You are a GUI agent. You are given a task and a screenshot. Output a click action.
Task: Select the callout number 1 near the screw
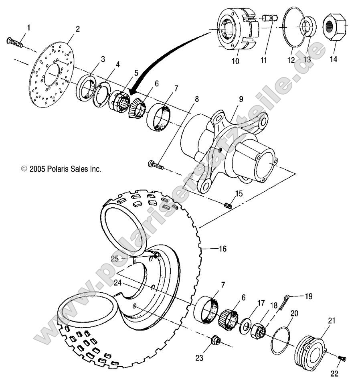point(28,27)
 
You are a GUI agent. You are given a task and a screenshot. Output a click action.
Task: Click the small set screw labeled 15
point(228,205)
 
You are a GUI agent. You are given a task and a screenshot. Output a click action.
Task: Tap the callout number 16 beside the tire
point(222,249)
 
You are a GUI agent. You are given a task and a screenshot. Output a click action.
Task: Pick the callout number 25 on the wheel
point(115,259)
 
